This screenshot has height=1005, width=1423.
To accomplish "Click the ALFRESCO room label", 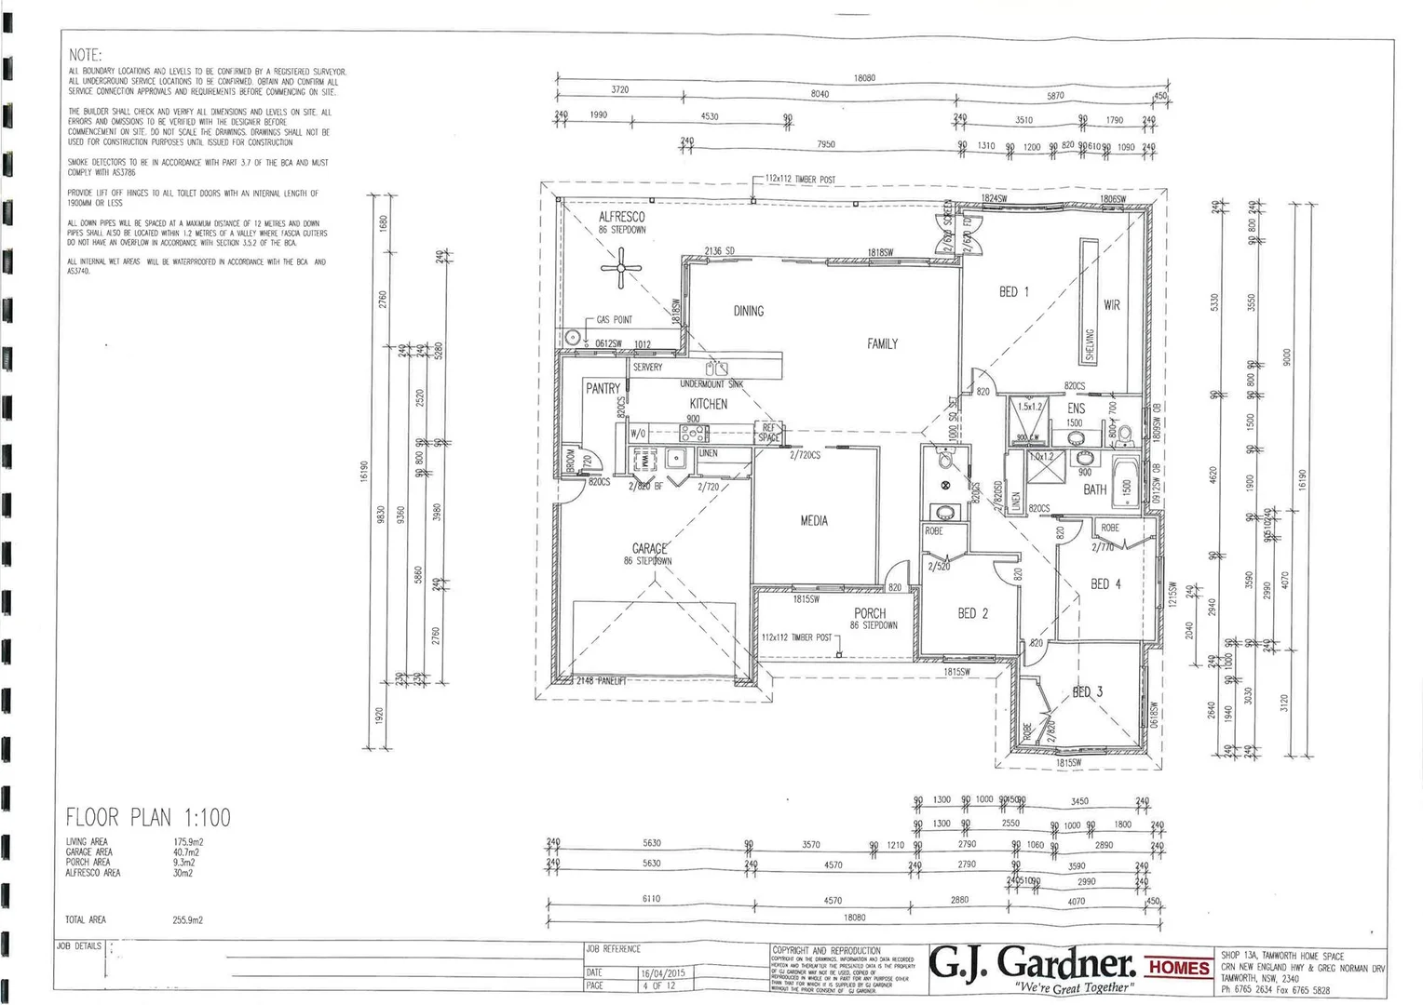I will click(x=621, y=217).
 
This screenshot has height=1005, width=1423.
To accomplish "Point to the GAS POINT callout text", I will click(x=615, y=320).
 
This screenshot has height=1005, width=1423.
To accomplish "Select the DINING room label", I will click(x=748, y=311).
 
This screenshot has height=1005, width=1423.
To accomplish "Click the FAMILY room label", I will click(x=882, y=344).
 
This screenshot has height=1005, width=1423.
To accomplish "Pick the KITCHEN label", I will click(x=708, y=404).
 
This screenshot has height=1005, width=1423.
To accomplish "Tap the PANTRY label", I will click(x=603, y=389).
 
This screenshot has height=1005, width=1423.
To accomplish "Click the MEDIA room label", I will click(x=814, y=521).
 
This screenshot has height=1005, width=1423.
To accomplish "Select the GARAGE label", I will click(x=649, y=549).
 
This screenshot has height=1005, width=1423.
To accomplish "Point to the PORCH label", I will click(x=870, y=613).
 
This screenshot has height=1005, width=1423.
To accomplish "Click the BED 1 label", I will click(x=1013, y=292).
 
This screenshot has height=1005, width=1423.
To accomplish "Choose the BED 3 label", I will click(x=1087, y=691).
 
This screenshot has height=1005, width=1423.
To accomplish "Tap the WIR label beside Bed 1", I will click(x=1111, y=304).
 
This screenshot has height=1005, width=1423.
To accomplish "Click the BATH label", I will click(x=1094, y=489).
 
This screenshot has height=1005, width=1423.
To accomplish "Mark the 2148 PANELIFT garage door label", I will click(x=601, y=681).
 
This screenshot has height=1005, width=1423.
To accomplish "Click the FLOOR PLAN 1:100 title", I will click(x=147, y=818).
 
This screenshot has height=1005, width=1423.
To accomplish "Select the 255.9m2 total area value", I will click(x=187, y=920).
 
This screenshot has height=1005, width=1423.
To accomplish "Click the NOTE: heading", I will click(x=86, y=56).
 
